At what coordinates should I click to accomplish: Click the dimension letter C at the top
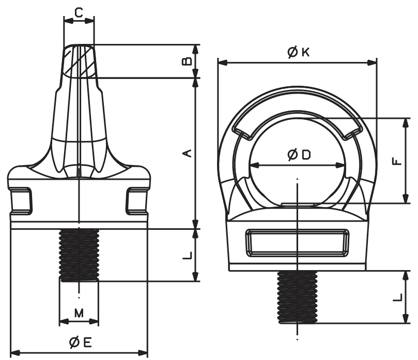[x=79, y=12]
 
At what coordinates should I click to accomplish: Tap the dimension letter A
[x=188, y=153]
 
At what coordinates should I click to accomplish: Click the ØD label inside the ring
[x=298, y=155]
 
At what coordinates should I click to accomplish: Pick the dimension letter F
[x=396, y=161]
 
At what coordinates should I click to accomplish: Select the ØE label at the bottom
[x=80, y=342]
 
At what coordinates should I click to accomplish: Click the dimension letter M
[x=79, y=312]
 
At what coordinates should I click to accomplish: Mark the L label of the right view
[x=396, y=297]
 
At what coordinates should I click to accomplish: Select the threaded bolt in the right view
[x=297, y=297]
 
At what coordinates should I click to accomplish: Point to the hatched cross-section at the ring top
[x=80, y=61]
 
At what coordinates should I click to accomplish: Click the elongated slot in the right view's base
[x=297, y=242]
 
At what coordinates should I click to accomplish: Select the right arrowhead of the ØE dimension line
[x=145, y=353]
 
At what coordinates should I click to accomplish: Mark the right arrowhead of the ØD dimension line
[x=342, y=165]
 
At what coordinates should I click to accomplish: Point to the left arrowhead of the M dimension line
[x=63, y=321]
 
